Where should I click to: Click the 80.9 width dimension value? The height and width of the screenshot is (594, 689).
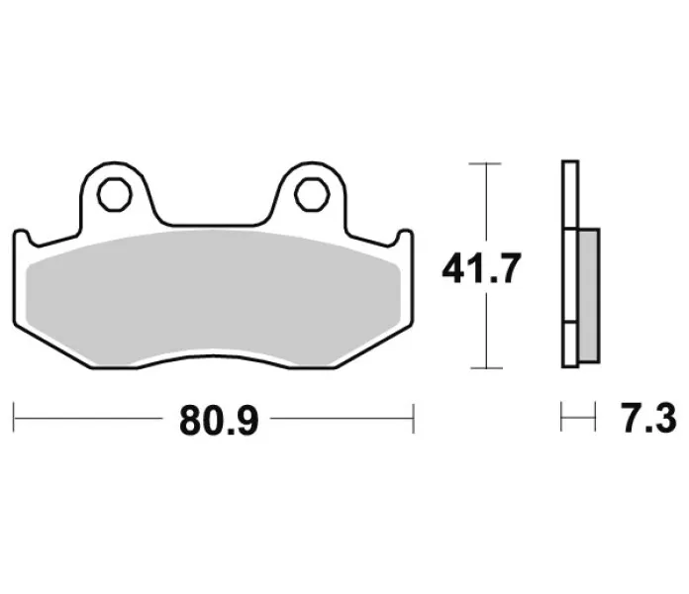219,420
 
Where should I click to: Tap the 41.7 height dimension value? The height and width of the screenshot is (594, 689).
481,268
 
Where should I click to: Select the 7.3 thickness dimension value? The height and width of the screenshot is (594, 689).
650,419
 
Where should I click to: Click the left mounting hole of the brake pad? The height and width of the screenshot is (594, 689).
115,195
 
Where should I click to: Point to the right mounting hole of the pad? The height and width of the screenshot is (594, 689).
312,195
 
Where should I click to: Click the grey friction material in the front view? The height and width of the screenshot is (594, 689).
213,297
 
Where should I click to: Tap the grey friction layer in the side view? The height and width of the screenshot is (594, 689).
590,295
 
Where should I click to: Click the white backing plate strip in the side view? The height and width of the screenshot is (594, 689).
570,263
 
